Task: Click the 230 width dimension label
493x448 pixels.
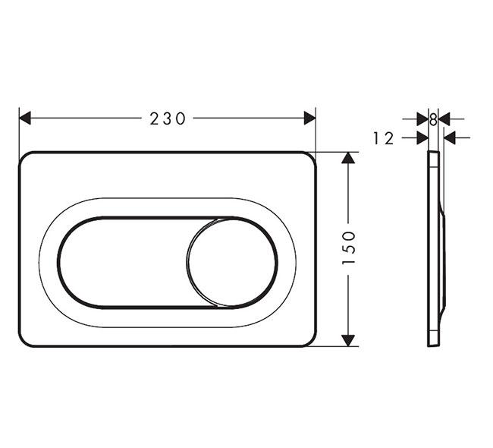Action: click(167, 118)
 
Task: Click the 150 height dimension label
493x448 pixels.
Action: click(349, 248)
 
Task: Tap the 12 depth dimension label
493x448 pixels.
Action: click(385, 138)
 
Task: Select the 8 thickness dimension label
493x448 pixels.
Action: click(433, 118)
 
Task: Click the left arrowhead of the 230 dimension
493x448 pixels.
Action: click(25, 118)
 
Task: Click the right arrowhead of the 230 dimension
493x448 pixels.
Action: click(309, 118)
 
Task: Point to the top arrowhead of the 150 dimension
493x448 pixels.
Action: click(348, 158)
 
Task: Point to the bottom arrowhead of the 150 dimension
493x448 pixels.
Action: click(348, 340)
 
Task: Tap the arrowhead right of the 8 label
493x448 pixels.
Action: click(444, 118)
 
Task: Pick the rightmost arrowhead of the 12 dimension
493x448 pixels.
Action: click(450, 138)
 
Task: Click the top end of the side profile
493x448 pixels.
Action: click(433, 153)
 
